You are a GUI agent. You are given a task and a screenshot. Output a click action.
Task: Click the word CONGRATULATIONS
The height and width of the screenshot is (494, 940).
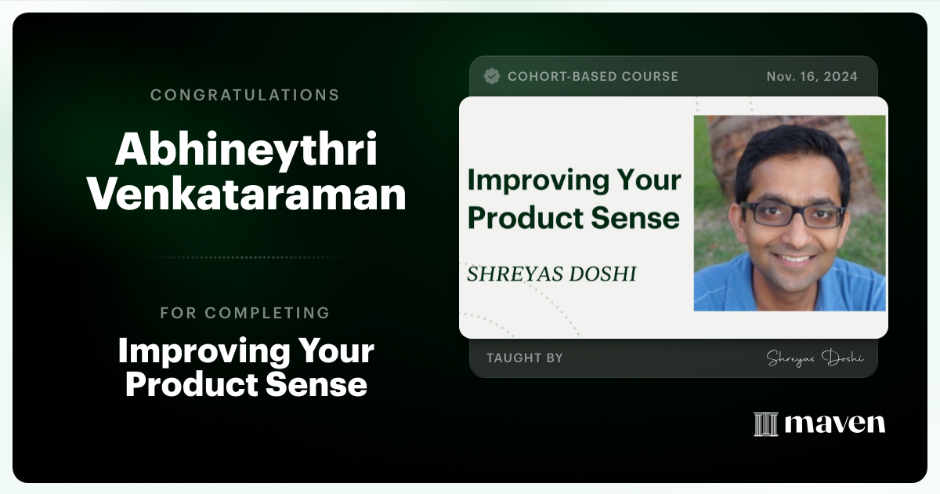244,95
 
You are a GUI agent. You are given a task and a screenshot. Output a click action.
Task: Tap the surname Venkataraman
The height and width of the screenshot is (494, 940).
246,194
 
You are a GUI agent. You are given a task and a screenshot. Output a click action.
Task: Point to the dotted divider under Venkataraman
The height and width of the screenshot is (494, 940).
246,257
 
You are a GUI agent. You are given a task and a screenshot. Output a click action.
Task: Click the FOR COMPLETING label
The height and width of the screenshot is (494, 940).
244,313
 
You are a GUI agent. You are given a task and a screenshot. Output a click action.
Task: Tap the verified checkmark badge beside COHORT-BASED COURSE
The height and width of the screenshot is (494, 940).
492,76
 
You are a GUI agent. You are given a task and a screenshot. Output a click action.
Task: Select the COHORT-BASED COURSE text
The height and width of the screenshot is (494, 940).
593,76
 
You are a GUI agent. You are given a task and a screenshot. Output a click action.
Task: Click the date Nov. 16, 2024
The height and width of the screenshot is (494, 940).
812,76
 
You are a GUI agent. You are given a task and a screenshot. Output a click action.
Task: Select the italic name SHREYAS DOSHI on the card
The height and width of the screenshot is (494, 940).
551,274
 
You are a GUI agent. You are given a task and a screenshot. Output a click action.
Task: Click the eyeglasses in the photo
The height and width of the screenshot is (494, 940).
793,214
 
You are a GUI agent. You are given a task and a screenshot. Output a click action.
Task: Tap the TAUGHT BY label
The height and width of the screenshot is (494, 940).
524,358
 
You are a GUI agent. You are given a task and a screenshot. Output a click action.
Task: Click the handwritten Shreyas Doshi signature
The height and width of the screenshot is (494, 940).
815,358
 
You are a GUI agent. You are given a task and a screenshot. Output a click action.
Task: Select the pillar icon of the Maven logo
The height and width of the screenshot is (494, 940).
765,424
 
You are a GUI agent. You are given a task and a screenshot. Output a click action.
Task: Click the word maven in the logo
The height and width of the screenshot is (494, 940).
835,424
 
